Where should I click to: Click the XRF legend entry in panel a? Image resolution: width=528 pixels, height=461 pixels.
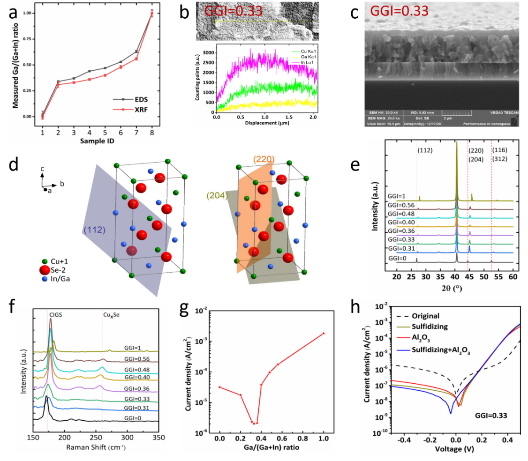click(137, 110)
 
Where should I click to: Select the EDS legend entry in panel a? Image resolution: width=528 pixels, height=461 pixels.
click(137, 99)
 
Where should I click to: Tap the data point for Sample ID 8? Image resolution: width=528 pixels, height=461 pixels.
click(152, 14)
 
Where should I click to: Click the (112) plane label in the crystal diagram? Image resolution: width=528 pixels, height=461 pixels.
click(94, 230)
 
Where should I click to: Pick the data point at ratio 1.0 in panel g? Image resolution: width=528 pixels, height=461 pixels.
click(324, 333)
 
